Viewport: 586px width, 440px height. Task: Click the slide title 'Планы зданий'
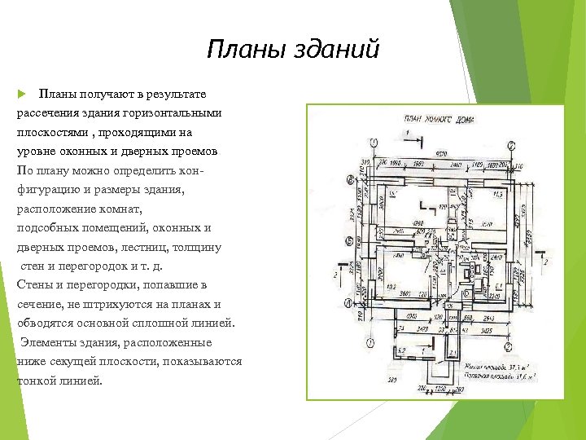point(293,51)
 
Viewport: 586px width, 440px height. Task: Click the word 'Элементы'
point(50,342)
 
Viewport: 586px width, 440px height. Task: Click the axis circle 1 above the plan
point(375,143)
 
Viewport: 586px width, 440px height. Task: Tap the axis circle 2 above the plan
point(510,144)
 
